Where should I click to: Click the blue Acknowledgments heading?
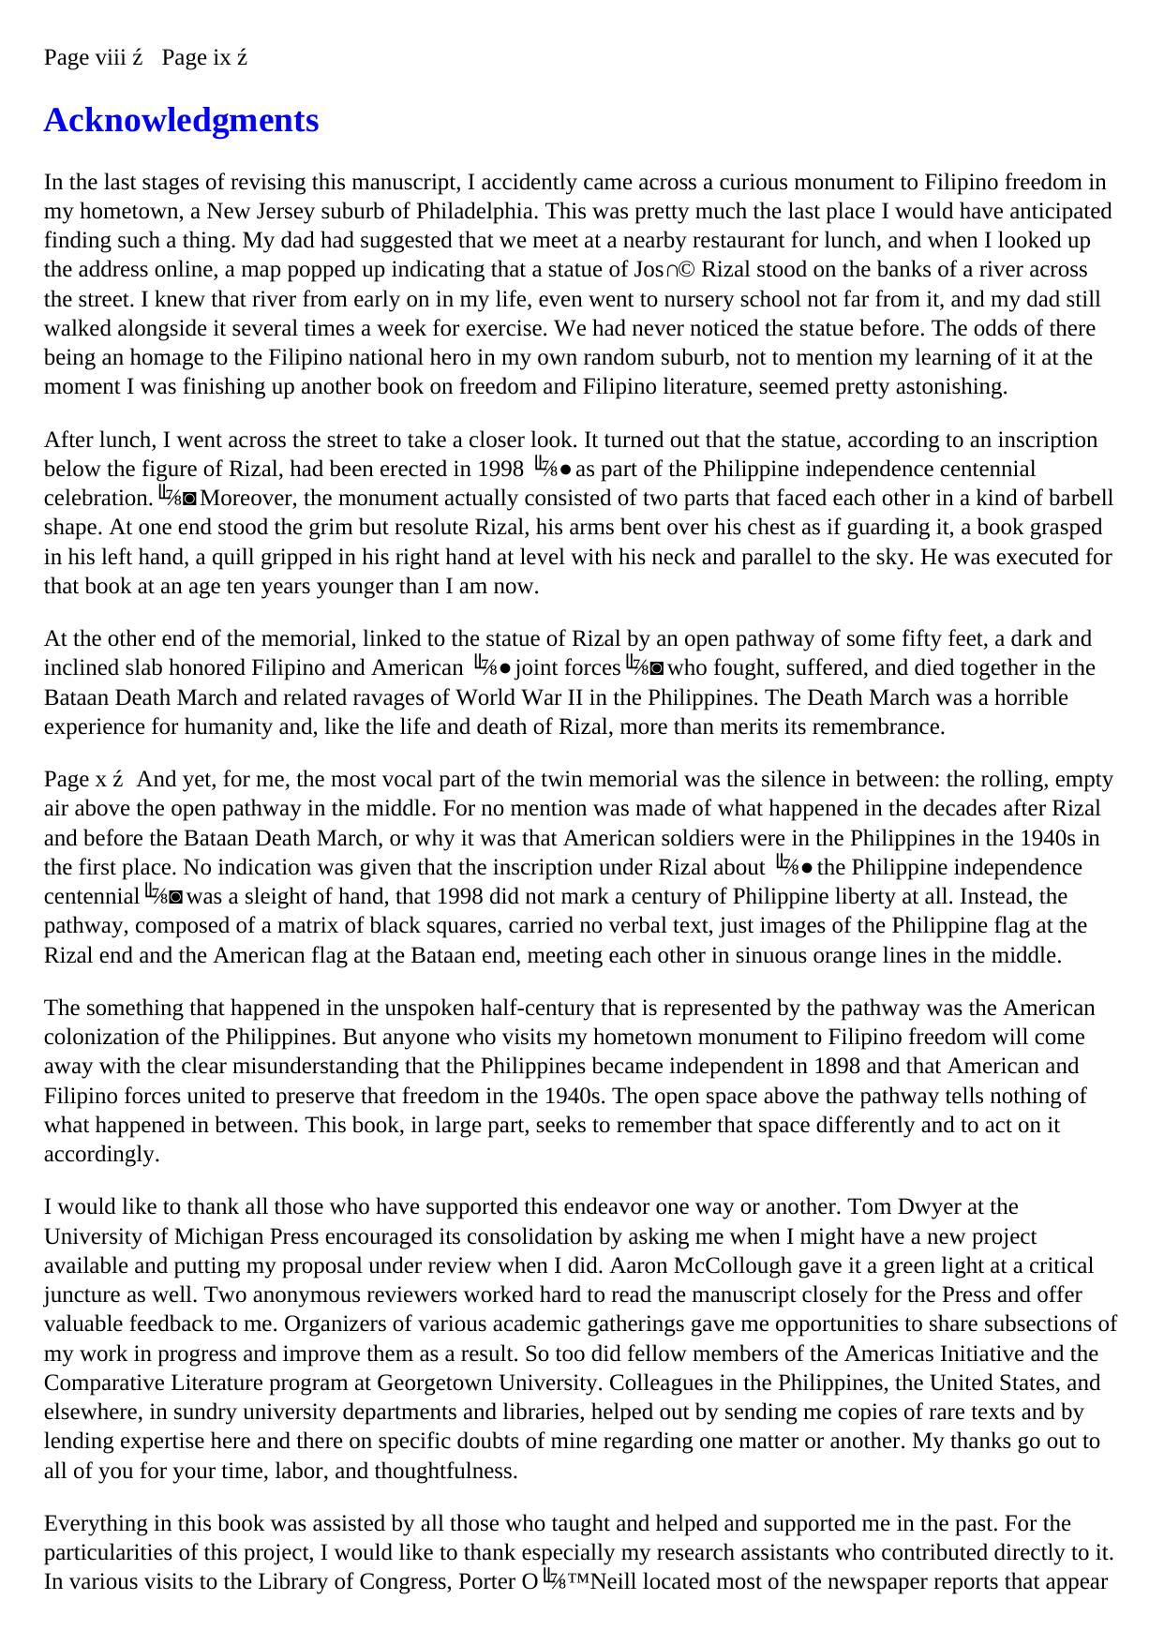pos(181,121)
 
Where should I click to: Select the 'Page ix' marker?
pos(197,58)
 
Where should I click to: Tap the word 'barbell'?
pos(1080,498)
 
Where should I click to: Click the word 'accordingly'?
pos(101,1155)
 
